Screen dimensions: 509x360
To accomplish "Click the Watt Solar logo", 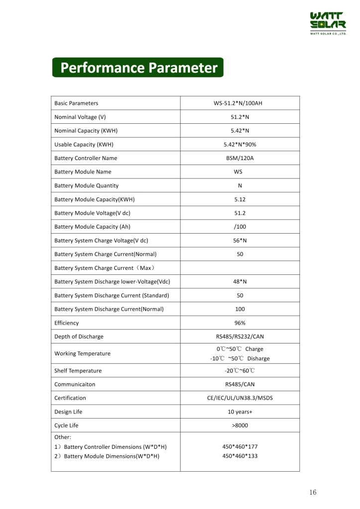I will coord(328,23).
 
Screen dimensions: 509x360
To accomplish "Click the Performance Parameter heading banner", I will coord(138,68).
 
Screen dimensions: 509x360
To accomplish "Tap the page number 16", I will coord(312,492).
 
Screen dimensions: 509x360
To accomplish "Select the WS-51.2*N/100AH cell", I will coord(240,103).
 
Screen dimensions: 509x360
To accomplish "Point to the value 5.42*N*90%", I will coord(240,145).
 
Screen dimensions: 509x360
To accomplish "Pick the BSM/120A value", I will coord(240,159).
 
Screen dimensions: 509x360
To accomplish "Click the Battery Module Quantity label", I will coord(87,186).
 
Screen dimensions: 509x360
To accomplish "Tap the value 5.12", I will coord(240,199).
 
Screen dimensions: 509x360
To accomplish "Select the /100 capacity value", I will coord(240,227).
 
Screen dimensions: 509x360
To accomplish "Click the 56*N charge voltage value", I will coord(240,241).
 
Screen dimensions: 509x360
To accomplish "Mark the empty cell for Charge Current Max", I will coord(240,268).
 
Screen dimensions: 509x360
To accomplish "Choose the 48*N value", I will coord(240,282).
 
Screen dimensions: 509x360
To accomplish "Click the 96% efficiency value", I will coord(240,323).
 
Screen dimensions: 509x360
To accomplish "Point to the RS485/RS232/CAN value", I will coord(240,337).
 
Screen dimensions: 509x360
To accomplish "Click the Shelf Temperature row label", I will coord(78,371).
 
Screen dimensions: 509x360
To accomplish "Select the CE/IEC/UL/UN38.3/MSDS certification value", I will coord(240,398).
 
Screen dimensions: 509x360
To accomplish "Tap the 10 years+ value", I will coord(240,412).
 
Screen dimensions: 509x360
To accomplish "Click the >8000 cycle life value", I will coord(240,425).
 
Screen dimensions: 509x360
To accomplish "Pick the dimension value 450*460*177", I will coord(240,447).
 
